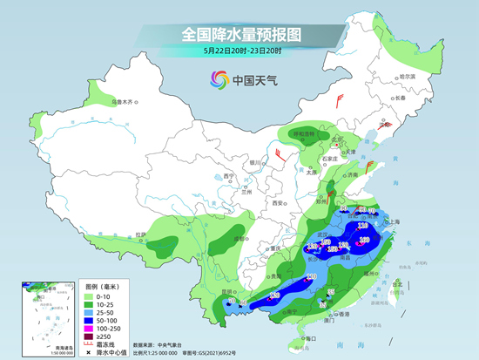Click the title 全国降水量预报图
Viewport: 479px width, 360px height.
239,34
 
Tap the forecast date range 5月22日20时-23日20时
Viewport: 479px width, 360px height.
239,51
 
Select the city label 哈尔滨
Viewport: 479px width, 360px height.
408,78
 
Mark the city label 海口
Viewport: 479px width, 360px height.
307,337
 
